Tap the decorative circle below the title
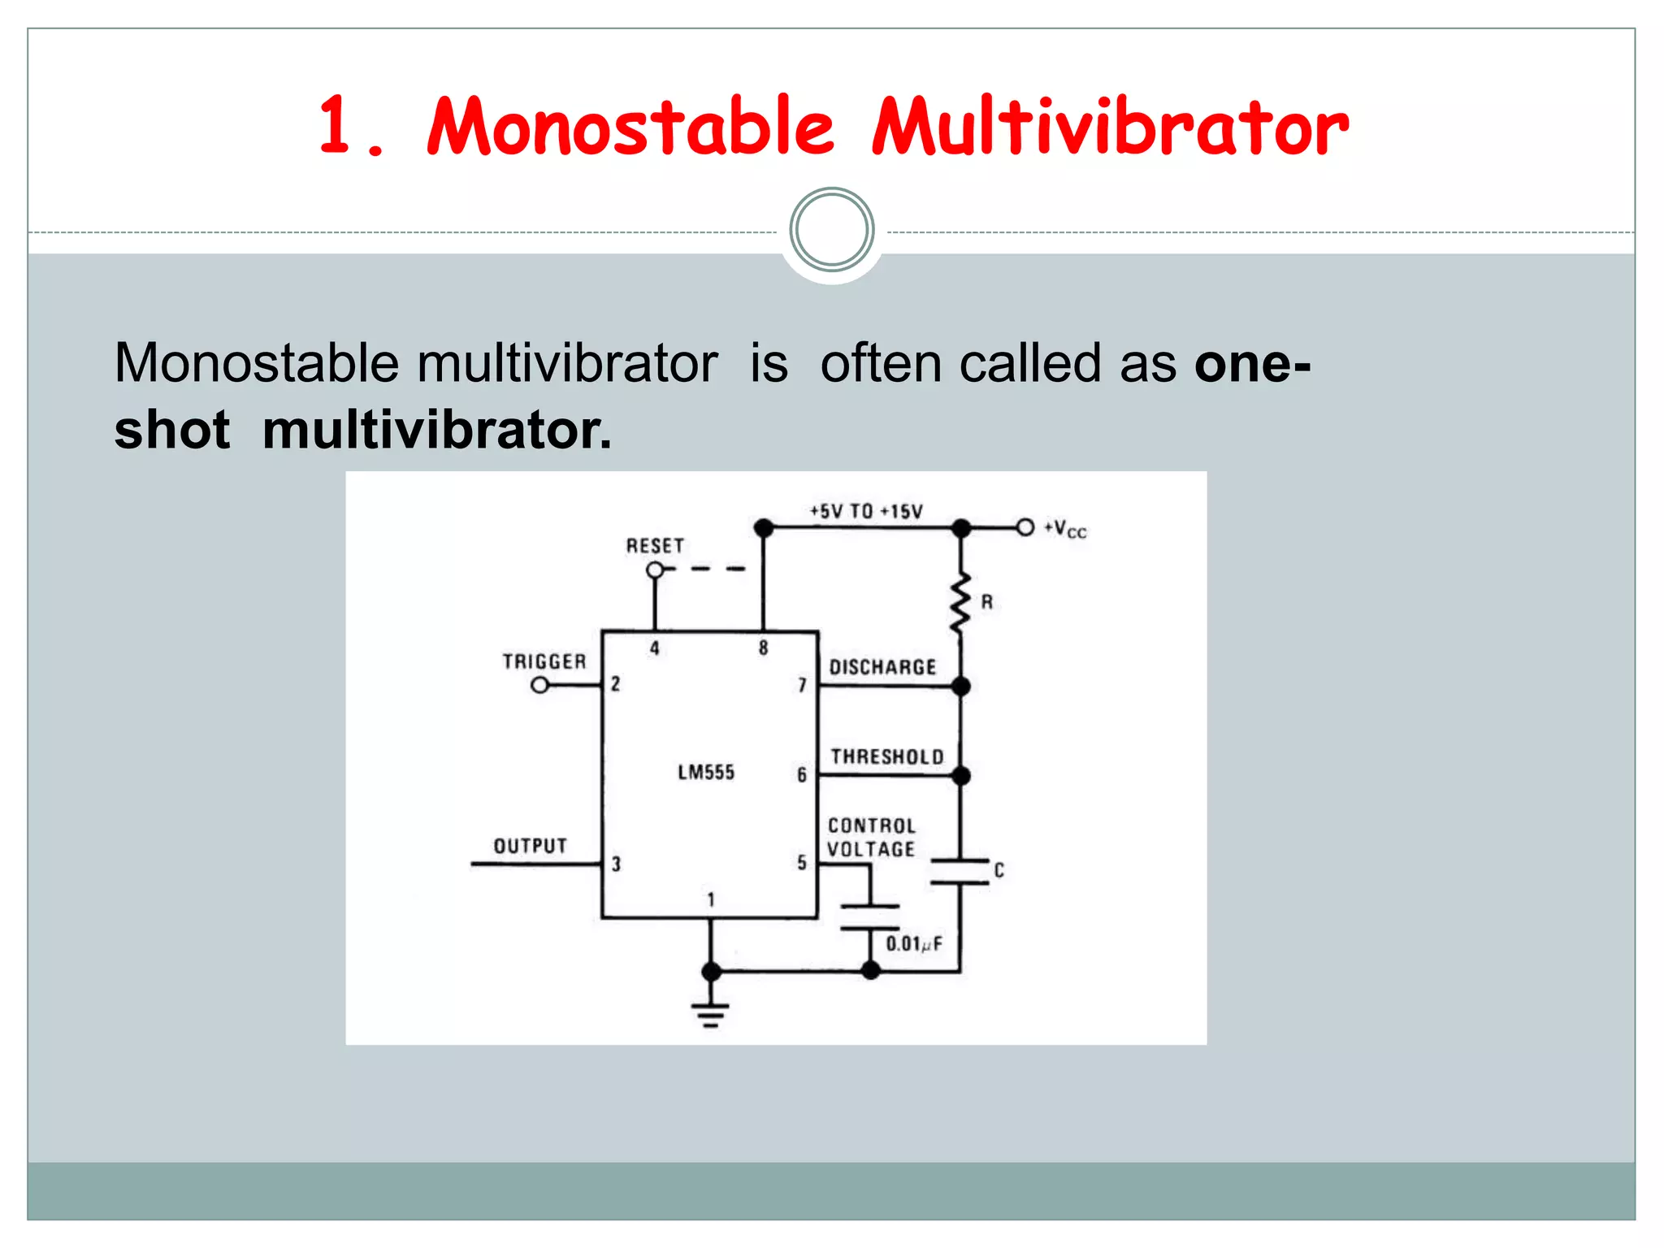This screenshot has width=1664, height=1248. click(831, 229)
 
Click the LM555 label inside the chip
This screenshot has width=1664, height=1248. click(706, 772)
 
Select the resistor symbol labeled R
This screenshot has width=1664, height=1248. click(960, 603)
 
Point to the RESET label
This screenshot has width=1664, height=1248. click(655, 546)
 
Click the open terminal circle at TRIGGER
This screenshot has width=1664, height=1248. click(539, 686)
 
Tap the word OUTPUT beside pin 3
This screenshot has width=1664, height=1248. click(531, 846)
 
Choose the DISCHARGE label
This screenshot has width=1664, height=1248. click(882, 667)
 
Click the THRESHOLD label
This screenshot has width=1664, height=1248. click(887, 757)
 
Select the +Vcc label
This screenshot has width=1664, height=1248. click(1065, 529)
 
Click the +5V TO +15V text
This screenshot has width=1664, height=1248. click(866, 511)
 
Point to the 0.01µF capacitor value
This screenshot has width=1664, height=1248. click(914, 944)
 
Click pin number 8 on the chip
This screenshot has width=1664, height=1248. click(763, 648)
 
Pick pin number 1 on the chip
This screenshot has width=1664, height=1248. click(711, 899)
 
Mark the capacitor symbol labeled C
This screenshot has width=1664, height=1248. click(960, 871)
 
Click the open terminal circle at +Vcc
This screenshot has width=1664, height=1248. click(1025, 528)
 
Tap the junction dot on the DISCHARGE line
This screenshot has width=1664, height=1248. click(961, 687)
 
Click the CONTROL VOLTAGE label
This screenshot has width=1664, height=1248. click(872, 838)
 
